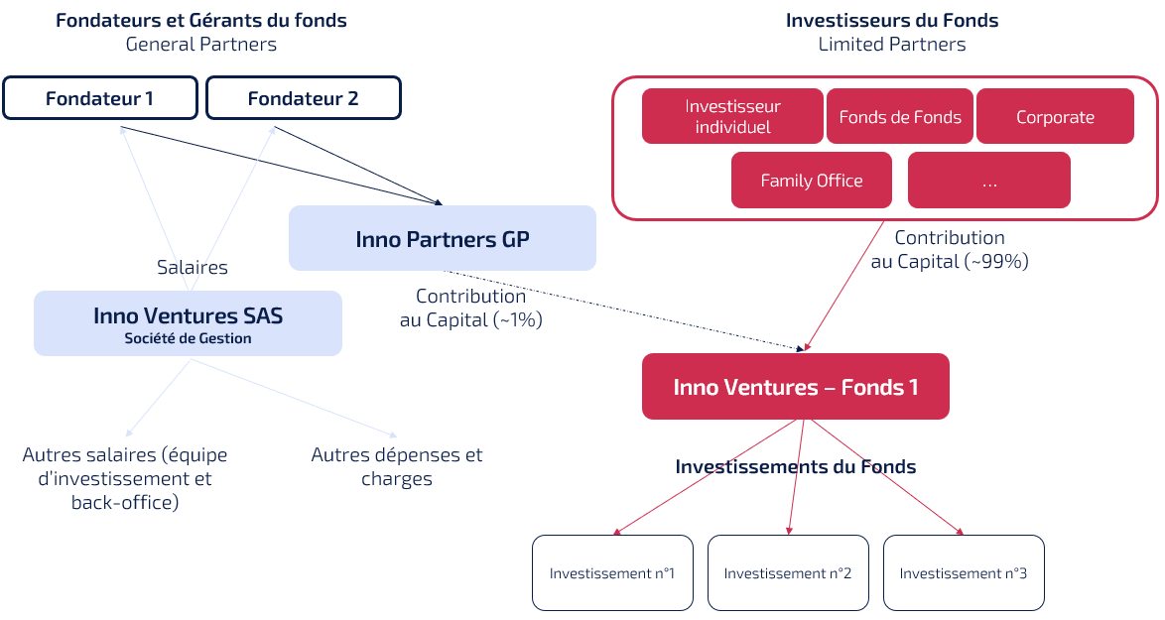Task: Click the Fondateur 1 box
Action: click(x=99, y=98)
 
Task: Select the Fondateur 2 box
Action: click(x=303, y=98)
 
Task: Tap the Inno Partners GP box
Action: click(x=442, y=238)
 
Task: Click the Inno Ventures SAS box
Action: click(x=188, y=323)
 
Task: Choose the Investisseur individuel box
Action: click(x=732, y=116)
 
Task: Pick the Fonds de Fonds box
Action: click(x=900, y=116)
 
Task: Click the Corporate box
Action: click(x=1055, y=116)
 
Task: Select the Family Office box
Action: click(x=811, y=180)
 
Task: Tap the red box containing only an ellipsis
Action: click(x=988, y=180)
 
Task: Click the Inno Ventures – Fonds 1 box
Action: click(x=795, y=386)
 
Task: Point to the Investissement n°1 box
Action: click(x=611, y=572)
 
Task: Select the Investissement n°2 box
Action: click(x=788, y=572)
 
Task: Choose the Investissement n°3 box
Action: click(x=964, y=572)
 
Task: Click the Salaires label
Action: click(x=193, y=267)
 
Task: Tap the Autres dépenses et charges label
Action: click(x=397, y=466)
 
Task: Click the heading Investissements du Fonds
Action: click(x=795, y=466)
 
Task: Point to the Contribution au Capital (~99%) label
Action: click(x=950, y=249)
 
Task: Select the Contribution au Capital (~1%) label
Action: click(x=471, y=308)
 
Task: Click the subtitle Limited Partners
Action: click(x=891, y=45)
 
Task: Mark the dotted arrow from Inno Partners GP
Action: click(x=625, y=310)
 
